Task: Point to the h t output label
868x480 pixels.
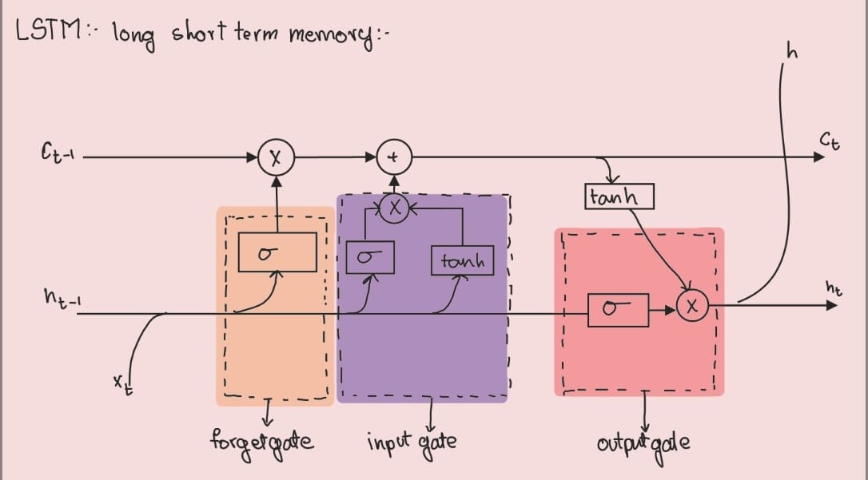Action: tap(834, 287)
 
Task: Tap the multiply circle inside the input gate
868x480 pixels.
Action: tap(392, 209)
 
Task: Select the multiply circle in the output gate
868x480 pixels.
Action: tap(692, 304)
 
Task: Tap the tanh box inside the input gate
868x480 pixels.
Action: tap(463, 260)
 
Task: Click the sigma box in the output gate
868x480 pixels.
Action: tap(617, 309)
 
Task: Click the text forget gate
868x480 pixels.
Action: tap(261, 441)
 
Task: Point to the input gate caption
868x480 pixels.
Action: tap(412, 441)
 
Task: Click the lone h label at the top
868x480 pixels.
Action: tap(792, 54)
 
